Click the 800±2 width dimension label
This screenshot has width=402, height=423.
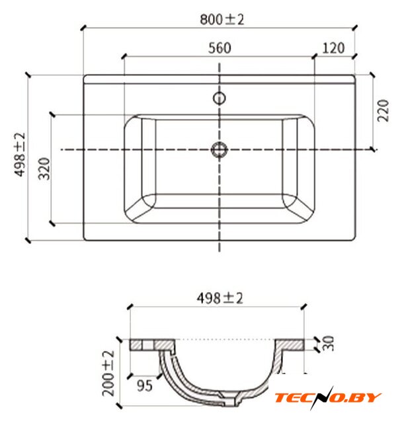click(221, 19)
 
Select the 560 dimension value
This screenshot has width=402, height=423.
click(220, 48)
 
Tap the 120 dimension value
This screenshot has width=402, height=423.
click(333, 48)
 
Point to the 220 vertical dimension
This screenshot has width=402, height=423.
click(383, 110)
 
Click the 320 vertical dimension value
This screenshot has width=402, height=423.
click(44, 169)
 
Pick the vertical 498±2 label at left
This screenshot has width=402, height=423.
click(20, 155)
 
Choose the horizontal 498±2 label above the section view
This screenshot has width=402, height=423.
click(220, 298)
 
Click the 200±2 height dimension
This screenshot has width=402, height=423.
click(108, 373)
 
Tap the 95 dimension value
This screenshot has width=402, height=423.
click(145, 385)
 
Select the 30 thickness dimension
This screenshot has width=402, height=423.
click(329, 343)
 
